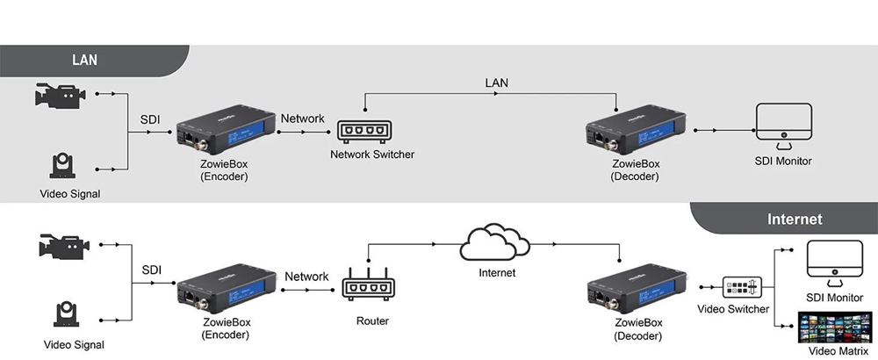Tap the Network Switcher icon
(363, 130)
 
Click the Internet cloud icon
(497, 241)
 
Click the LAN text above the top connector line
(497, 83)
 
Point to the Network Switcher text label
(371, 155)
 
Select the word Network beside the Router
(307, 277)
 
